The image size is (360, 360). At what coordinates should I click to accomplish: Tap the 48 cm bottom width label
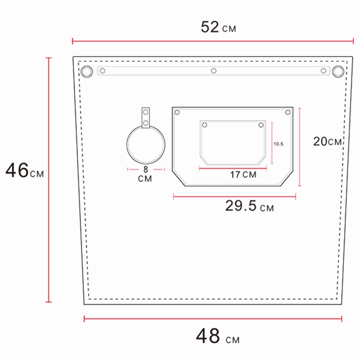pos(217,336)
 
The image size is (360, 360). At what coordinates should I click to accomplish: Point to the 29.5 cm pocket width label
pos(249,207)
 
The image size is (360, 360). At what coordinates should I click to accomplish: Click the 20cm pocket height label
pos(328,141)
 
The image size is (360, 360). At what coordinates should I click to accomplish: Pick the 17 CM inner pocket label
pos(243,175)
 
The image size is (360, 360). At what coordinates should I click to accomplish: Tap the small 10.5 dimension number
pos(279,144)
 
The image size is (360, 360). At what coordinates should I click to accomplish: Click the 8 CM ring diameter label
pos(145,174)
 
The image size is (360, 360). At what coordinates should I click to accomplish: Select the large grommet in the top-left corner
pos(86,71)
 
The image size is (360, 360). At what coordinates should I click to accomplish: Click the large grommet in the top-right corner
pos(338,71)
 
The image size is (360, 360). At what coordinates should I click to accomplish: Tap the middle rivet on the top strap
pos(214,71)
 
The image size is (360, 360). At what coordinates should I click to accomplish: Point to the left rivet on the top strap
pos(103,71)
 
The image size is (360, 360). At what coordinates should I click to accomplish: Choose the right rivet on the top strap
pos(323,71)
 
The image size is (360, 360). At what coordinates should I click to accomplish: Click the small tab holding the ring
pos(146,118)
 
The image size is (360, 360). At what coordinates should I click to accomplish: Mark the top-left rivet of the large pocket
pos(177,112)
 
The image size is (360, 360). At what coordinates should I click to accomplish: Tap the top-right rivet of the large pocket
pos(288,112)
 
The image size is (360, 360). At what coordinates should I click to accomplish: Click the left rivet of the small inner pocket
pos(205,125)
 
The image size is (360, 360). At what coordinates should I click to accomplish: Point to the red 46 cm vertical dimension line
pos(49,180)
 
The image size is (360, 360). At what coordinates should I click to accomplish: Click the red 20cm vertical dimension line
pos(300,147)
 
